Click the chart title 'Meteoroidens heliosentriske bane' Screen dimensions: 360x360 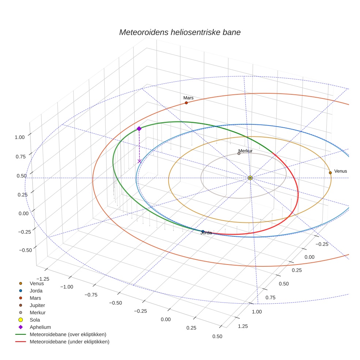click(x=180, y=32)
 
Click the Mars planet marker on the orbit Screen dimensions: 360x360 click(x=186, y=103)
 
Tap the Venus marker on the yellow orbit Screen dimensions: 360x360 click(x=330, y=173)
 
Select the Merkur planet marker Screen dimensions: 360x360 click(x=239, y=153)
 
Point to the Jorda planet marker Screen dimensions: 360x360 click(x=203, y=231)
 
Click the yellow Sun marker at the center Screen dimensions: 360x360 click(x=250, y=178)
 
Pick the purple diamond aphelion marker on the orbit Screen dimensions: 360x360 click(x=139, y=128)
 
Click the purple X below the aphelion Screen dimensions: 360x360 click(x=139, y=161)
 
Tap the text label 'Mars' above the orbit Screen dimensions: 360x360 click(x=188, y=98)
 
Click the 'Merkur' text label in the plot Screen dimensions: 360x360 click(x=245, y=151)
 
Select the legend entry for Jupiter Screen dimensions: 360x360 click(x=37, y=305)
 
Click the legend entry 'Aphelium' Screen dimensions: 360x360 click(x=40, y=327)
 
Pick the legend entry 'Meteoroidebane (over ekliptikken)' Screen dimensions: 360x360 click(x=68, y=334)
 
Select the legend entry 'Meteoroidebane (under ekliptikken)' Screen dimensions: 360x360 click(x=70, y=342)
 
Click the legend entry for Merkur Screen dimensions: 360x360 click(x=38, y=312)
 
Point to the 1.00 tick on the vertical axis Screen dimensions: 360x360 click(x=19, y=137)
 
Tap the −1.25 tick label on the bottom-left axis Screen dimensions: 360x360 click(x=44, y=279)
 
